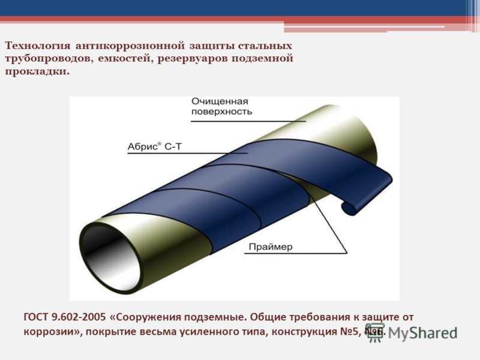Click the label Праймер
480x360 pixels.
tap(271, 247)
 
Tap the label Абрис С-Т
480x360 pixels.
tap(155, 146)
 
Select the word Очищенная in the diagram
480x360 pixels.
tap(220, 101)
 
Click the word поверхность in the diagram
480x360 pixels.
tap(221, 112)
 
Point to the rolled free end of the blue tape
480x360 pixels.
tap(351, 208)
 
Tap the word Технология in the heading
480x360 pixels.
tap(38, 46)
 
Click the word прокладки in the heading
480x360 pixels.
tap(37, 71)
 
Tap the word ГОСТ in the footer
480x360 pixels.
tap(36, 317)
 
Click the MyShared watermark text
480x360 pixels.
tap(422, 333)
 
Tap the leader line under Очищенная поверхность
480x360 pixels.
tap(248, 121)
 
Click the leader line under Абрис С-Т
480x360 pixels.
tap(187, 153)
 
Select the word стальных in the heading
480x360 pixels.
tap(265, 46)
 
